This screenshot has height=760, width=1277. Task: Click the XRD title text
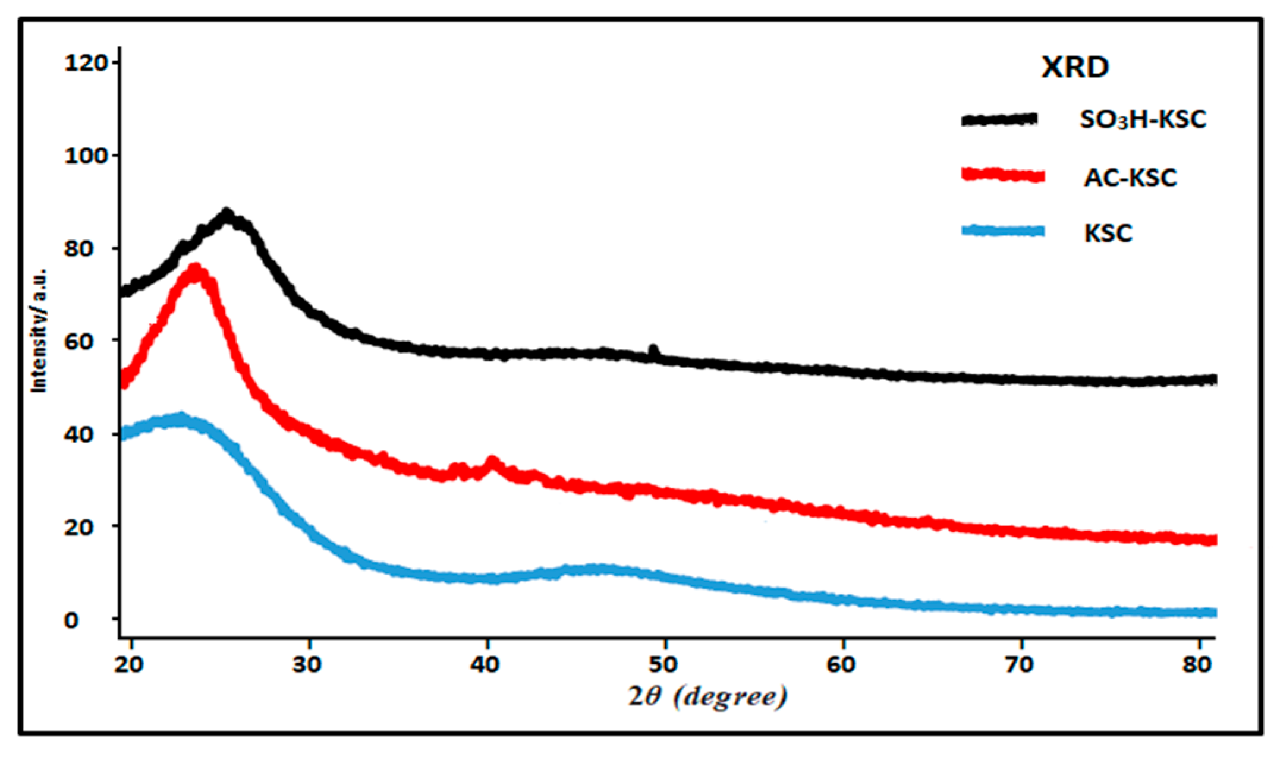pyautogui.click(x=1075, y=67)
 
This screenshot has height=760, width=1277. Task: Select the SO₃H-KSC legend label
pyautogui.click(x=1143, y=120)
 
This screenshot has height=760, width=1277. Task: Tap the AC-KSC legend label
pyautogui.click(x=1130, y=178)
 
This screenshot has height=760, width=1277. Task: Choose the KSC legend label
pyautogui.click(x=1108, y=233)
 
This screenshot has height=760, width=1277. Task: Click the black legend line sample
pyautogui.click(x=999, y=119)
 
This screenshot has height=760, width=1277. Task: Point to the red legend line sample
pyautogui.click(x=1002, y=175)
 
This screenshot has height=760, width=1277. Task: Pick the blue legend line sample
pyautogui.click(x=1002, y=231)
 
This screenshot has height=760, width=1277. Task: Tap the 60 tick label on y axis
pyautogui.click(x=78, y=342)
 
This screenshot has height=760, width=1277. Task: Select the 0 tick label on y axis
pyautogui.click(x=71, y=620)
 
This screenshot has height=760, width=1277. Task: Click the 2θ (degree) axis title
pyautogui.click(x=707, y=696)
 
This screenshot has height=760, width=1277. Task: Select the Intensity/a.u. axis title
pyautogui.click(x=39, y=330)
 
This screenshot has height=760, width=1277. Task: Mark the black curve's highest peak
pyautogui.click(x=226, y=214)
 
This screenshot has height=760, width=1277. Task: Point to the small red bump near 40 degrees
pyautogui.click(x=492, y=461)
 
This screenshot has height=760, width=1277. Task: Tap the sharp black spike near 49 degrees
pyautogui.click(x=653, y=350)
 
